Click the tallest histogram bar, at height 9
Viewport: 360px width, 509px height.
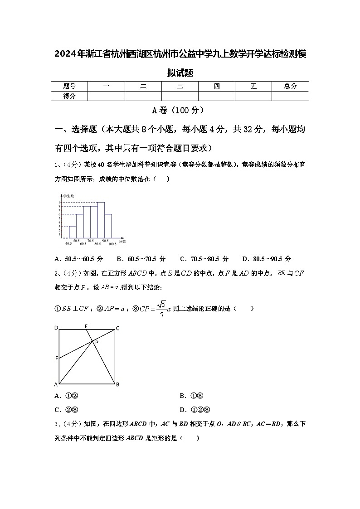[x=101, y=219]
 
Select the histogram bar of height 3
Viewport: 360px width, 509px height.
[x=73, y=232]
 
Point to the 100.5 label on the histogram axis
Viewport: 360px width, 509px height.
[x=112, y=244]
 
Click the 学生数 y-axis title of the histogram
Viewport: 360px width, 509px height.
[x=68, y=196]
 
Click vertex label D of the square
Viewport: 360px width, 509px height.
[x=56, y=328]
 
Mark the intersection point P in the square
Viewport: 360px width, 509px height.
[x=96, y=343]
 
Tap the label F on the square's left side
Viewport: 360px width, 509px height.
[x=56, y=359]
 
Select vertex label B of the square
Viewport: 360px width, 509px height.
[x=117, y=385]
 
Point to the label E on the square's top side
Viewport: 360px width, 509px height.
[x=86, y=326]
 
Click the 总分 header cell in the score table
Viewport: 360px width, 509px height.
[x=290, y=86]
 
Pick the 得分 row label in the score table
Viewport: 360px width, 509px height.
[x=69, y=96]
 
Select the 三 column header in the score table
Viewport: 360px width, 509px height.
[x=180, y=86]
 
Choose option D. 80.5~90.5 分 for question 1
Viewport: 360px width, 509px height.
[x=267, y=259]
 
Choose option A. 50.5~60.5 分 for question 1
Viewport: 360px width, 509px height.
[x=78, y=259]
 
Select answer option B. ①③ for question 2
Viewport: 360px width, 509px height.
[x=190, y=396]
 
